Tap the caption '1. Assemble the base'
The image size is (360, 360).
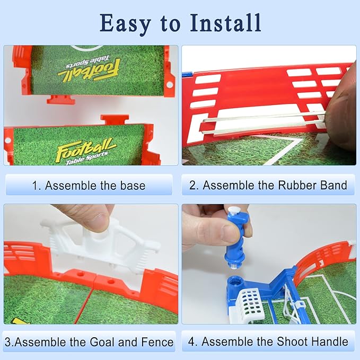coord(88,186)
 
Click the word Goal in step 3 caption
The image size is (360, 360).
coord(96,342)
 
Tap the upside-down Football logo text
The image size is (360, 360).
coord(89,69)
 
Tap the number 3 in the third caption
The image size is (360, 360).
coord(7,342)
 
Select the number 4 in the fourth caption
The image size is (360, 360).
coord(191,341)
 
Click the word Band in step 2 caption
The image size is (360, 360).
coord(334,186)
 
